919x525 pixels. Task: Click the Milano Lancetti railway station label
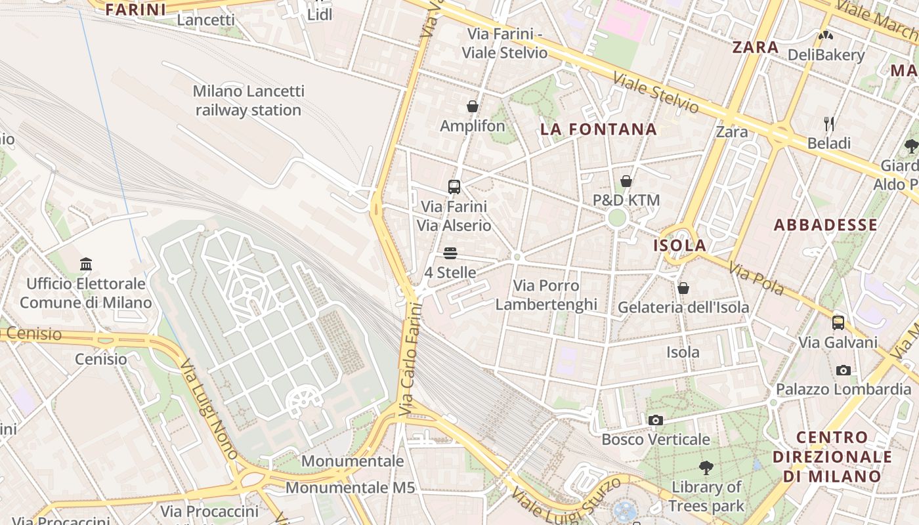coord(248,100)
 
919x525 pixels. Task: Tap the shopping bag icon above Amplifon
coord(472,106)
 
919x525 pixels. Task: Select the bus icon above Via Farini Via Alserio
coord(454,186)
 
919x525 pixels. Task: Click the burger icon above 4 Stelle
coord(450,253)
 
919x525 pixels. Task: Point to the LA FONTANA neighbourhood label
coord(598,129)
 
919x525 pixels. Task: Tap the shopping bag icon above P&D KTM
coord(626,181)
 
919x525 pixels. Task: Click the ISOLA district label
coord(680,245)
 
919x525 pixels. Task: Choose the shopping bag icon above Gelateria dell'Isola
coord(683,288)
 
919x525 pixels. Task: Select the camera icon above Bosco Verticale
coord(655,420)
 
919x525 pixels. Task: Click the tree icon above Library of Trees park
coord(706,468)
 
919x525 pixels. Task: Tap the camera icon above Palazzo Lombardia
coord(844,370)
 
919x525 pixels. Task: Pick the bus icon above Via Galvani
coord(838,322)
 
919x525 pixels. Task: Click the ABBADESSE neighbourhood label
coord(825,225)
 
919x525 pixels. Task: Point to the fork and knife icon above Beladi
coord(829,123)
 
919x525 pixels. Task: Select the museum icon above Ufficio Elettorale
coord(86,264)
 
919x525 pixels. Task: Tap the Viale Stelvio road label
coord(656,93)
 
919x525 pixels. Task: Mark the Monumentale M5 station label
coord(351,488)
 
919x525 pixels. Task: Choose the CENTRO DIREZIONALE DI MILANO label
coord(832,457)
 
